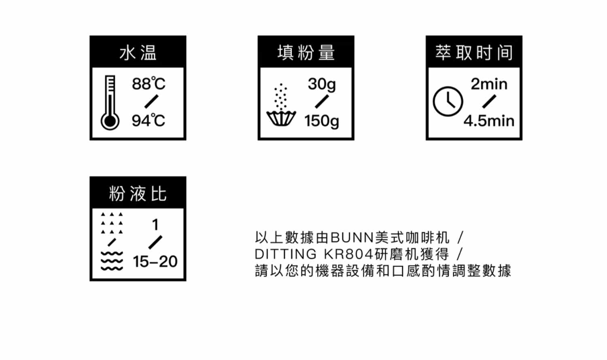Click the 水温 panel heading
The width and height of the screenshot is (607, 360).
138,53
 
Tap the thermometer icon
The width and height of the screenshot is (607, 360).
110,103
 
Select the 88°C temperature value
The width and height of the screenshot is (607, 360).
149,84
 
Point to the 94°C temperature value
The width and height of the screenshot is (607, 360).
149,121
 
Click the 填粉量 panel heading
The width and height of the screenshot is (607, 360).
306,53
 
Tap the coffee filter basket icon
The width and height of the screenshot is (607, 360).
281,118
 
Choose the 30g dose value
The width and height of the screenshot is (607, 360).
322,84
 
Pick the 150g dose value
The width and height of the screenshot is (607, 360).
322,121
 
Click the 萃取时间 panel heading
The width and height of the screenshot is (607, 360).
474,53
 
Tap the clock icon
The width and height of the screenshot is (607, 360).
448,101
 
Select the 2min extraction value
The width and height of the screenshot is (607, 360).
489,84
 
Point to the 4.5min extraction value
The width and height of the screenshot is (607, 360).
489,121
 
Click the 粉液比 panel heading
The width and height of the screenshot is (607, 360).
138,193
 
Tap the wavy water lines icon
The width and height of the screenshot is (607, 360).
111,261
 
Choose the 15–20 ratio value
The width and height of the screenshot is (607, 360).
155,262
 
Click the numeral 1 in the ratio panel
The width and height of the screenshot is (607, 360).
155,224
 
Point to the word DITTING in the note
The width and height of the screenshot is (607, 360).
286,254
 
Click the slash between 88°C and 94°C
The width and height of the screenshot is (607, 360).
151,102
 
